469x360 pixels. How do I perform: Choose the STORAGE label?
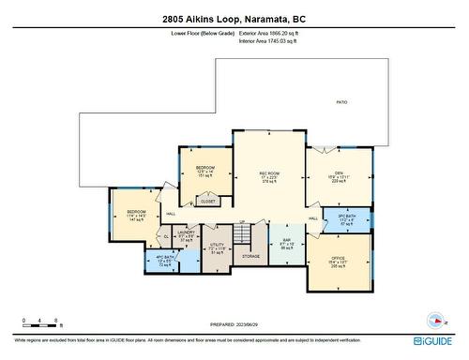pyautogui.click(x=250, y=255)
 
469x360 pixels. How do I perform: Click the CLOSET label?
pyautogui.click(x=208, y=201)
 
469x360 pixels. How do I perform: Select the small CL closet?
pyautogui.click(x=166, y=236)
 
